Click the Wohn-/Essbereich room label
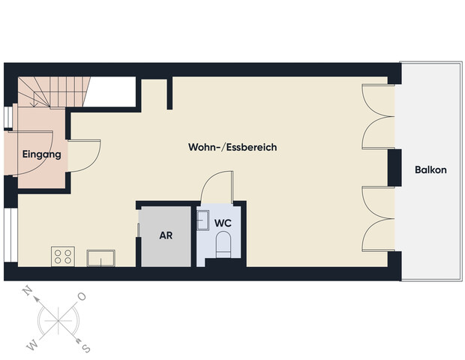[232, 148]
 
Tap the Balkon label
[430, 170]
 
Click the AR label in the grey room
[166, 235]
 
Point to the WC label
[223, 223]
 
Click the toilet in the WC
[223, 244]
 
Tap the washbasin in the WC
[202, 220]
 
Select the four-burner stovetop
[63, 256]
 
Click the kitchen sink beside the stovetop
[100, 258]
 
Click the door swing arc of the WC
[217, 184]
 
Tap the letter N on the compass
[28, 293]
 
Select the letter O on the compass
[82, 297]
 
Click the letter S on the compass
[86, 348]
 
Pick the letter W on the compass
[32, 345]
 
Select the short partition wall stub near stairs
[170, 92]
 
